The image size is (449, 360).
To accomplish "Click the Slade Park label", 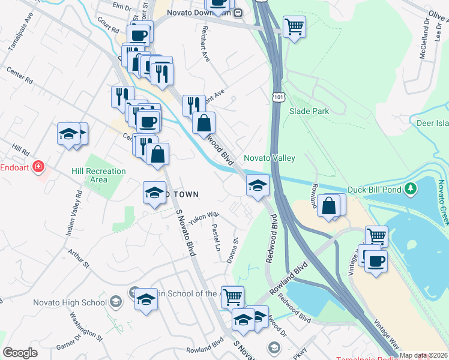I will pos(309,112).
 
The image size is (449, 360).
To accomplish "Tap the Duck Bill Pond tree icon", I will pos(411,190).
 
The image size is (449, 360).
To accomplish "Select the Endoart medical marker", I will pos(39,167).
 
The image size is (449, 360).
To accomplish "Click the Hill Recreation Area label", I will pos(99,175).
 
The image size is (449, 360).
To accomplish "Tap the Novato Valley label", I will pos(270,158).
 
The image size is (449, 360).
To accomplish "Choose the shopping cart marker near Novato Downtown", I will pos(294,26).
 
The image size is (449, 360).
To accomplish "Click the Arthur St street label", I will pos(79,259).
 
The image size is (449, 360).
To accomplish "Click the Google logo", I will pos(20,353).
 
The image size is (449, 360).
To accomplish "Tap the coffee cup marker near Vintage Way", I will pos(376,262).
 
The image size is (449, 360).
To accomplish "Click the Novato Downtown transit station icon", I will pos(238,12).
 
